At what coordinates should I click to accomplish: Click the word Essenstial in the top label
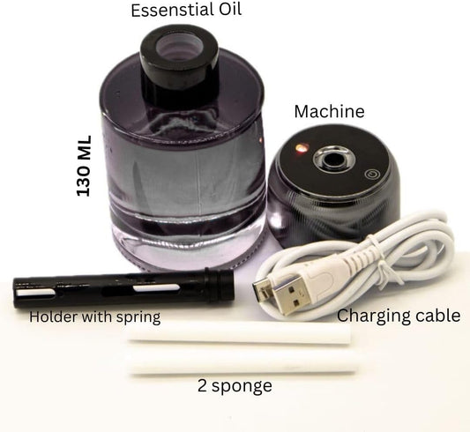click(168, 10)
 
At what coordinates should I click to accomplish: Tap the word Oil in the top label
click(226, 9)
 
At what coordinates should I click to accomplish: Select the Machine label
click(330, 111)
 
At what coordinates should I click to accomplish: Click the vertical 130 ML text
click(84, 166)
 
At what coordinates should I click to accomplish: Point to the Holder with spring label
click(94, 317)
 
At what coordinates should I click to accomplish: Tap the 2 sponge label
click(235, 386)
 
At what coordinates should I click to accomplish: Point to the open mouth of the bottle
click(179, 46)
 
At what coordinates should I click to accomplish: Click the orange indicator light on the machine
click(301, 147)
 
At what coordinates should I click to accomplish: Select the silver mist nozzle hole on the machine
click(334, 159)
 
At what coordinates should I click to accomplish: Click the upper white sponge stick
click(239, 332)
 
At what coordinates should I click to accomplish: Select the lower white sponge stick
click(242, 363)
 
